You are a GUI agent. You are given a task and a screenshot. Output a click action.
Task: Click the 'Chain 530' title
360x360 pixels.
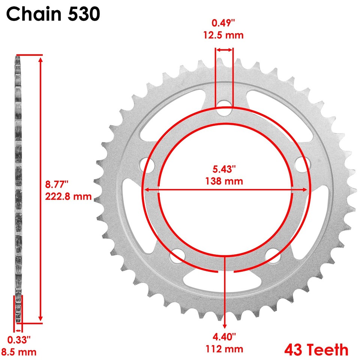tap(53, 14)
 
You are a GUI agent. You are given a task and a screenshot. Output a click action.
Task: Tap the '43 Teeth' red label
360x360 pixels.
tap(316, 349)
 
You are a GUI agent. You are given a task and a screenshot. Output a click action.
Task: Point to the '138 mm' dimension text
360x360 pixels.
tap(224, 181)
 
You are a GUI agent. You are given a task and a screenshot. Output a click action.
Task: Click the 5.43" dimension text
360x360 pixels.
tap(224, 169)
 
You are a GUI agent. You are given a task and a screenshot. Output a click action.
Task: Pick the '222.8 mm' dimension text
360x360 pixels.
tap(68, 196)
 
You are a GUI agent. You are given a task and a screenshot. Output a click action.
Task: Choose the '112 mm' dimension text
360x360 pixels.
tap(225, 349)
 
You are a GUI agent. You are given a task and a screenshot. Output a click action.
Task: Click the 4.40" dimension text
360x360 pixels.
tap(225, 337)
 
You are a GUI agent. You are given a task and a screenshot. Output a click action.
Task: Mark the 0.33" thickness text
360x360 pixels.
tap(19, 340)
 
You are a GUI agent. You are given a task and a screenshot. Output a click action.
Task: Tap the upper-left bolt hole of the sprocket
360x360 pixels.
tap(148, 164)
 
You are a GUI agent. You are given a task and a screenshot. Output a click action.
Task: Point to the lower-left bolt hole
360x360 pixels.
tap(177, 256)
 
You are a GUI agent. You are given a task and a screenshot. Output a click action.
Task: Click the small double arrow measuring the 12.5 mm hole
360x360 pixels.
tap(224, 49)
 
